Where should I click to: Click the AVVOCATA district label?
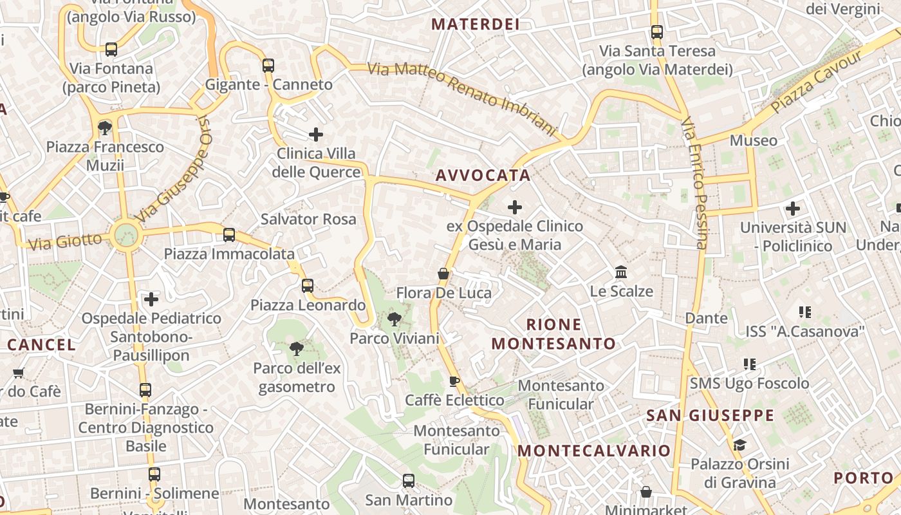click(x=483, y=175)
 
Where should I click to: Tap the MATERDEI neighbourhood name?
click(x=475, y=24)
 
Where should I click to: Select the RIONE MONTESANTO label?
click(x=553, y=334)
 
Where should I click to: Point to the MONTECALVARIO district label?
click(x=594, y=451)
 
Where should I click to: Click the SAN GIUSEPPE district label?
click(x=710, y=415)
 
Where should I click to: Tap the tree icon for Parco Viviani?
click(x=394, y=318)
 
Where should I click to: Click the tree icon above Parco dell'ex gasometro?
click(x=297, y=349)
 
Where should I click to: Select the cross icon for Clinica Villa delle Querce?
click(x=315, y=134)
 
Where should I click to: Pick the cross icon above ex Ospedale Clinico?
click(x=515, y=207)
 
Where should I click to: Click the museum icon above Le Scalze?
click(x=621, y=272)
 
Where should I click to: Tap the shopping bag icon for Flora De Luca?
click(x=443, y=274)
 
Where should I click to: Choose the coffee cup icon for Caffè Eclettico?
click(x=454, y=381)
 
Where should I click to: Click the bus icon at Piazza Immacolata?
click(x=229, y=235)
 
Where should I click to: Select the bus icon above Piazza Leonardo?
click(x=308, y=286)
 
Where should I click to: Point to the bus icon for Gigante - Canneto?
click(x=268, y=65)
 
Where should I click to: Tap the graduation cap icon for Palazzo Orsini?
click(x=739, y=445)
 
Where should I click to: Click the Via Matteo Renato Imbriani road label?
click(x=461, y=98)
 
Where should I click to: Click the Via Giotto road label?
click(x=65, y=242)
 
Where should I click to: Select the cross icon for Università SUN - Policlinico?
click(x=793, y=208)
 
